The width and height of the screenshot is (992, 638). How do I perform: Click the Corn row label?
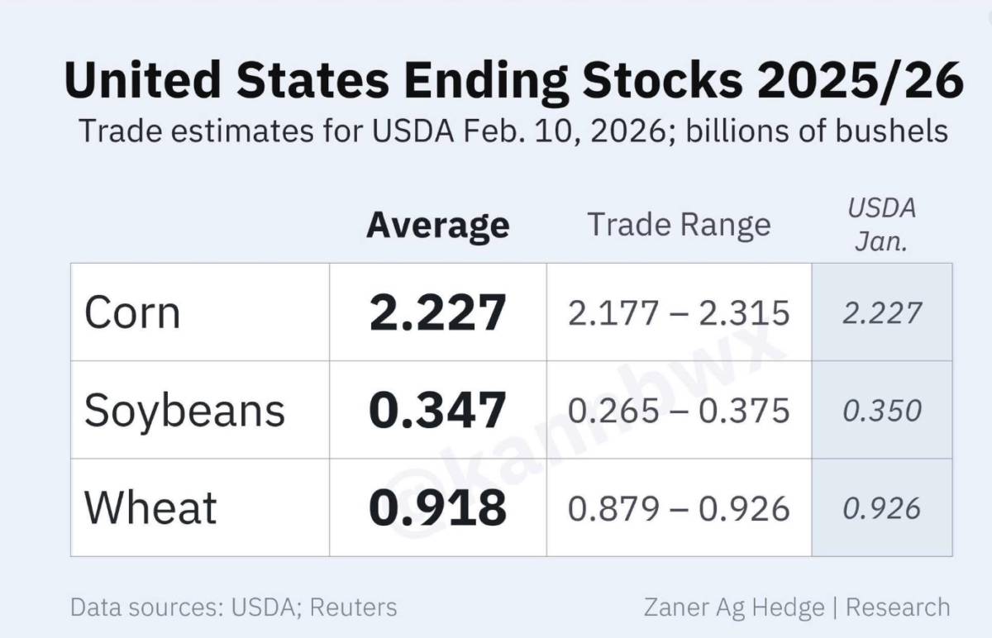tap(132, 312)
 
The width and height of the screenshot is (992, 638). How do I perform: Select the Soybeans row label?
tap(184, 411)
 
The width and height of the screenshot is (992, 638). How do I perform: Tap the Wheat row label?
tap(150, 507)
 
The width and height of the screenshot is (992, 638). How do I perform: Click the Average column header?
tap(438, 226)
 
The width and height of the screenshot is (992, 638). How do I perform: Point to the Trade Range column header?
tap(679, 225)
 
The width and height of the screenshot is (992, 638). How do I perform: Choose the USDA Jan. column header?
tap(882, 225)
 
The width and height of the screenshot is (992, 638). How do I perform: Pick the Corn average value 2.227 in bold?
tap(437, 312)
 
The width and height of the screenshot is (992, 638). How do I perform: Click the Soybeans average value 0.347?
tap(437, 411)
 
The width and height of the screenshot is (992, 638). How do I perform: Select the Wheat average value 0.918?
tap(437, 508)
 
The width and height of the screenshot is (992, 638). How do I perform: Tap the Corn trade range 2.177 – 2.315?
tap(679, 313)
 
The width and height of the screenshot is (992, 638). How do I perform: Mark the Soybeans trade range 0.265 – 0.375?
tap(679, 411)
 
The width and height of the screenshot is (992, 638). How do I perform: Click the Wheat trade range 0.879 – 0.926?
tap(679, 509)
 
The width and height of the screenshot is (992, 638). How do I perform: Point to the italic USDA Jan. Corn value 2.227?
tap(882, 313)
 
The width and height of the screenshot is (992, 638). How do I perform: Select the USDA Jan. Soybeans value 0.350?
tap(882, 411)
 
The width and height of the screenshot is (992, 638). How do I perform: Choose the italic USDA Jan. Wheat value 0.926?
tap(882, 509)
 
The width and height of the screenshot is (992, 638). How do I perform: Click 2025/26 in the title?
tap(861, 81)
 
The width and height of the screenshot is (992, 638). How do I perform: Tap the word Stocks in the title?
tap(662, 80)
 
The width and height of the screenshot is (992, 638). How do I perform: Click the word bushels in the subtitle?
tap(891, 131)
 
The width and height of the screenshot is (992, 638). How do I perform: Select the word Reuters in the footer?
tap(354, 607)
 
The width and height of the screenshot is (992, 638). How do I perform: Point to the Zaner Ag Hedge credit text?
tap(734, 607)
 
